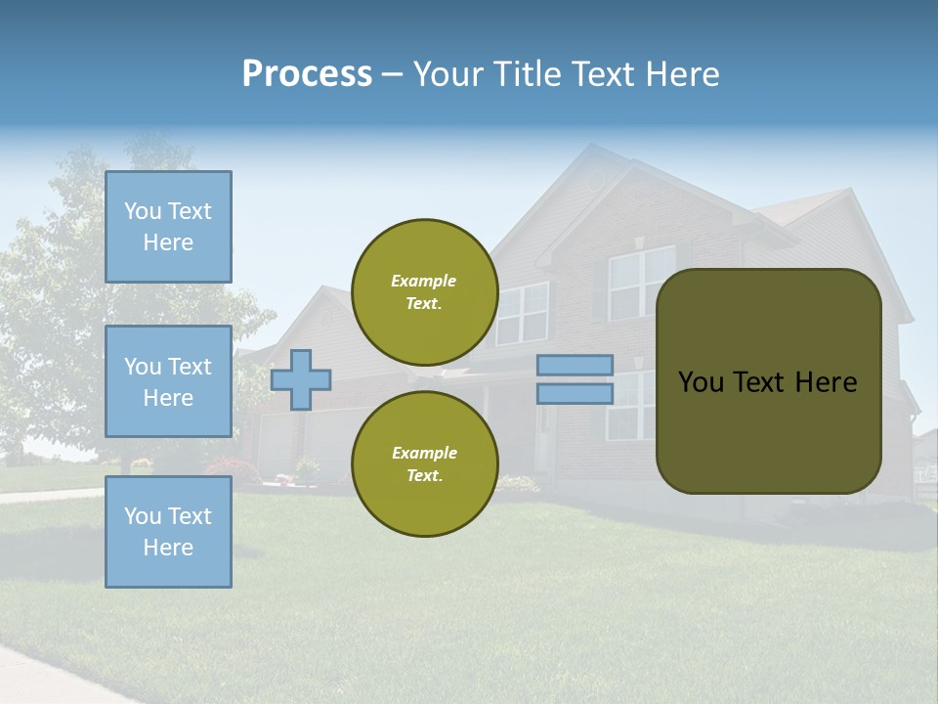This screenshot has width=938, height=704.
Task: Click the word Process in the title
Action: pos(307,74)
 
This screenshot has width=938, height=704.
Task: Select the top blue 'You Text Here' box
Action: pos(168,227)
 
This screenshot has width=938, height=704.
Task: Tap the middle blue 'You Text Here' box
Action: pos(168,381)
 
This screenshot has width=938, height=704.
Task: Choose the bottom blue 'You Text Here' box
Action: pos(168,531)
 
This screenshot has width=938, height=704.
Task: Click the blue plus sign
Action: pos(301,378)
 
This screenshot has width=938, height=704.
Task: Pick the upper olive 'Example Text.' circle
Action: pos(424,291)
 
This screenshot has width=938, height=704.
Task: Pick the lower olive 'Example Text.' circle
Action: pos(424,463)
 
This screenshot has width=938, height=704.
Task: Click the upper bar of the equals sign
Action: pos(575,366)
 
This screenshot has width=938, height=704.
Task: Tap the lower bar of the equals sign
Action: pos(575,393)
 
